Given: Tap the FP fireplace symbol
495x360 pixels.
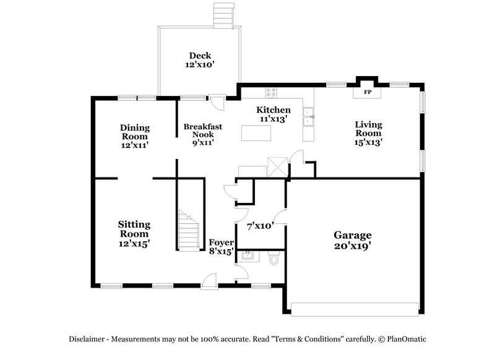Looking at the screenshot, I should pyautogui.click(x=367, y=93).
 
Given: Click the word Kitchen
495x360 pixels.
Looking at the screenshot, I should pyautogui.click(x=273, y=110).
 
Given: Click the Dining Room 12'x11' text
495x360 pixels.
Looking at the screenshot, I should pyautogui.click(x=134, y=136).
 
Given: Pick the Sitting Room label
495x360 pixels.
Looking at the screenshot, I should pyautogui.click(x=134, y=234).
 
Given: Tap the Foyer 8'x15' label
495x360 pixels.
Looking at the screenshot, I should pyautogui.click(x=221, y=247).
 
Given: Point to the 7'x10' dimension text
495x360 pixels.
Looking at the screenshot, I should pyautogui.click(x=260, y=226).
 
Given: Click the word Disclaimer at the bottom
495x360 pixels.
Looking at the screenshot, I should pyautogui.click(x=87, y=339).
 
